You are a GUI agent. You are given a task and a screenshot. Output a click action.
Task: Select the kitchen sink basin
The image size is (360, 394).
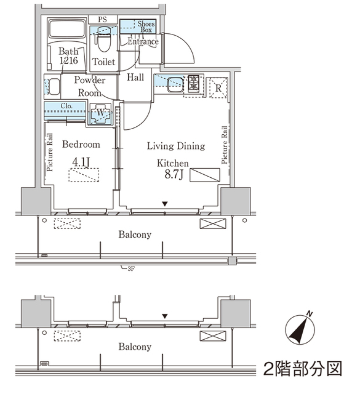click(x=175, y=84)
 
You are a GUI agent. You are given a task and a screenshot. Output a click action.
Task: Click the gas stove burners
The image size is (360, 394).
click(x=194, y=83)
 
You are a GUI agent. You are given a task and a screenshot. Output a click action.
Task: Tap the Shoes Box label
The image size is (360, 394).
click(x=146, y=27)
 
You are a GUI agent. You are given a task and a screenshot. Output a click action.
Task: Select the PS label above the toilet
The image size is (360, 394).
click(x=102, y=19)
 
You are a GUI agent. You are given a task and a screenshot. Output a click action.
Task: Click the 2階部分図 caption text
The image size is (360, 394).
click(x=303, y=369)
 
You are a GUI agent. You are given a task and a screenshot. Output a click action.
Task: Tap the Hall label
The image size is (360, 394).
click(x=135, y=78)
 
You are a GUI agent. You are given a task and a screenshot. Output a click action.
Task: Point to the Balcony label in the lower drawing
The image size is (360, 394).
click(x=135, y=347)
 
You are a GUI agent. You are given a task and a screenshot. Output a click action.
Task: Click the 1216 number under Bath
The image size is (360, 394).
click(x=68, y=61)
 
